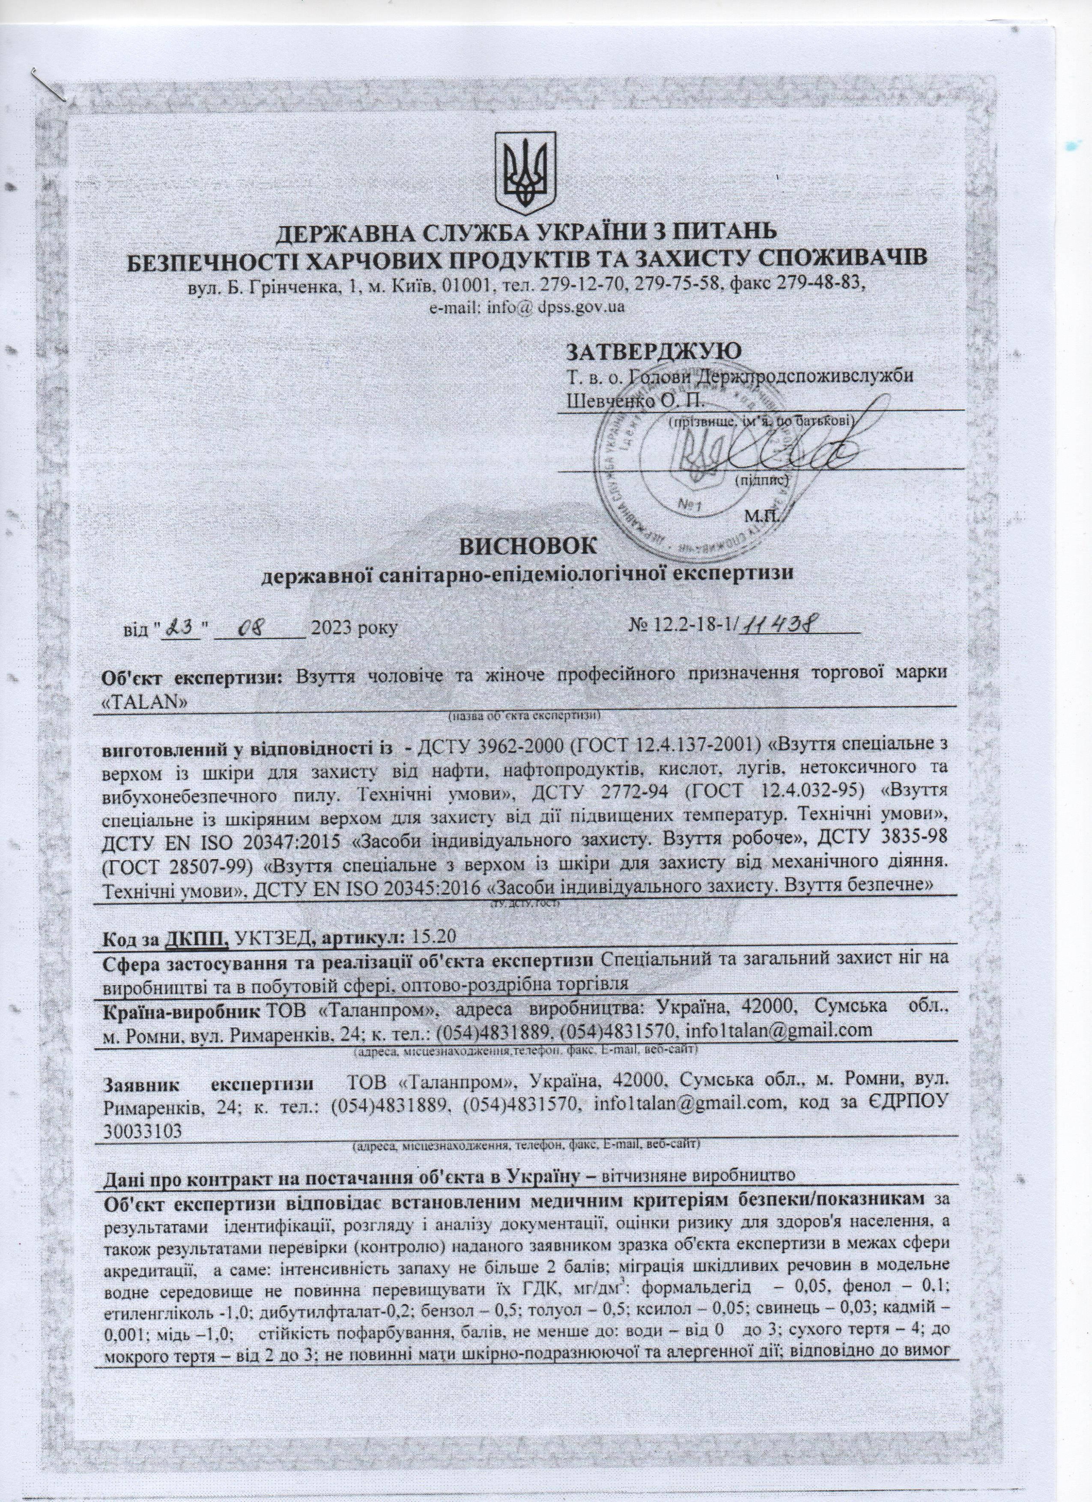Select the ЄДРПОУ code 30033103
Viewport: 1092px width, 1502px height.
point(143,1132)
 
